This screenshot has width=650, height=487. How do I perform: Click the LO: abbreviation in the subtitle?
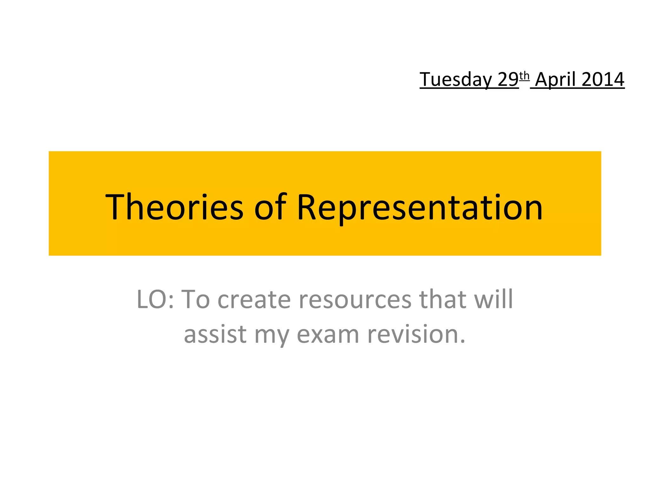pyautogui.click(x=155, y=299)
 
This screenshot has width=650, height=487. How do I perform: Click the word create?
pyautogui.click(x=254, y=299)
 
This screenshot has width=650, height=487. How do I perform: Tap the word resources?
pyautogui.click(x=355, y=299)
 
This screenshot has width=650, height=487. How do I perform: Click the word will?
pyautogui.click(x=494, y=299)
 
